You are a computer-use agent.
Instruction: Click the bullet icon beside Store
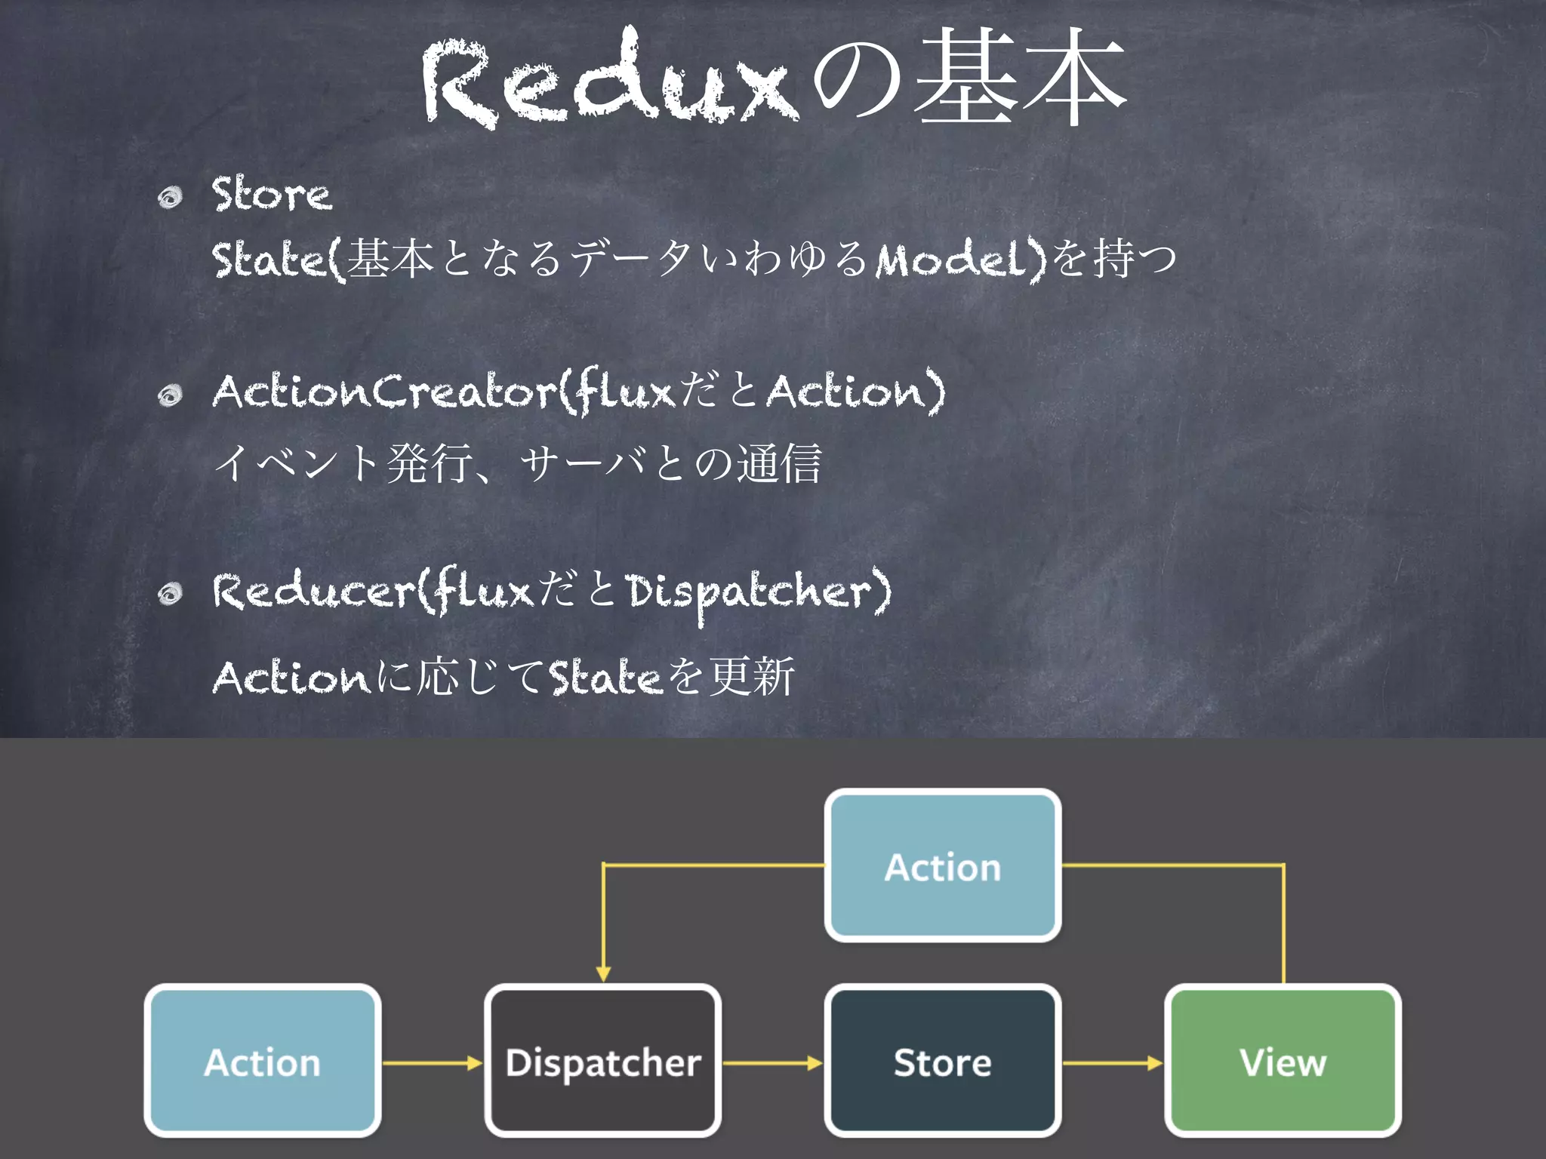(x=171, y=198)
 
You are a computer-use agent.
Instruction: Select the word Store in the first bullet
(x=271, y=194)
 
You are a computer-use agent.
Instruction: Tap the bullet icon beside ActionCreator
(x=171, y=395)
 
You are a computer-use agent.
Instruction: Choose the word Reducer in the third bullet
(x=313, y=591)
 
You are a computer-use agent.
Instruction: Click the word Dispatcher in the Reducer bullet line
(x=751, y=592)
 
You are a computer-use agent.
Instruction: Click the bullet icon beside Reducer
(x=171, y=595)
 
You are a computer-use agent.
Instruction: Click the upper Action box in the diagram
(x=943, y=865)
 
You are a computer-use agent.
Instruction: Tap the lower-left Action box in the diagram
(x=262, y=1060)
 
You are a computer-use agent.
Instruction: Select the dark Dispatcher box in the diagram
(x=602, y=1060)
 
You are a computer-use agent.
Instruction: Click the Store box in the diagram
(x=943, y=1060)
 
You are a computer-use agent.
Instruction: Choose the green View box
(x=1283, y=1060)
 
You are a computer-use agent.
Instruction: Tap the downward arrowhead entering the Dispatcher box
(x=603, y=973)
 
